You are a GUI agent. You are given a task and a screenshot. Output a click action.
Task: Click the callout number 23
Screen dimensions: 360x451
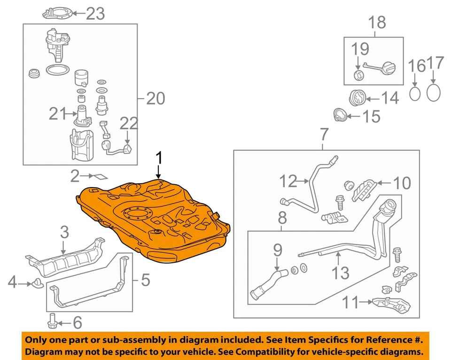(95, 14)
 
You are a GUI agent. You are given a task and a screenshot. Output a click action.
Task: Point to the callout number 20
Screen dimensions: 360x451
(156, 99)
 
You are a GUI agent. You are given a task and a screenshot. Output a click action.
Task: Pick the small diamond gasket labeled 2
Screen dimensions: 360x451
(98, 178)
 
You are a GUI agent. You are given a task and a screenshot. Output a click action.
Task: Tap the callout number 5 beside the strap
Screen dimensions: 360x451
(145, 281)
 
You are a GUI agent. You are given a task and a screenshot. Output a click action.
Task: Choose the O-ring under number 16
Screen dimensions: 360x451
(415, 94)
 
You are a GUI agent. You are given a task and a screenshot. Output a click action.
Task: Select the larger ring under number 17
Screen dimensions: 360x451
(435, 92)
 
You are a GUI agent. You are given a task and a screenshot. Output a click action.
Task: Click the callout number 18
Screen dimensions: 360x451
(377, 22)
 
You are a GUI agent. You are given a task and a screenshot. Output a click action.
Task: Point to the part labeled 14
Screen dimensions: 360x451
(358, 98)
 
